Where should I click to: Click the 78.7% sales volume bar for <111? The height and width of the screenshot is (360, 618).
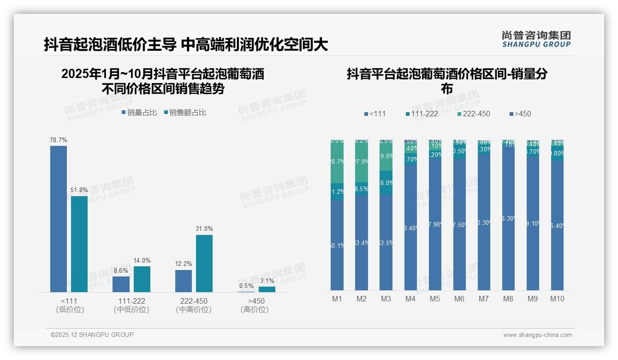59,219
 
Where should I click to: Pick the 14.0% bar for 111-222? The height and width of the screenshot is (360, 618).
142,279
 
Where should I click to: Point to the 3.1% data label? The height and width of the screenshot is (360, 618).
267,281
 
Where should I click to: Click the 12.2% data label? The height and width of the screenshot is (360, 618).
184,264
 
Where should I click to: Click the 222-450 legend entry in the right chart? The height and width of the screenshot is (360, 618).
474,114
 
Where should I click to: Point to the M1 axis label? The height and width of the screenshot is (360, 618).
337,299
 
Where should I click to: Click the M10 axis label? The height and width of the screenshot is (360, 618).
557,299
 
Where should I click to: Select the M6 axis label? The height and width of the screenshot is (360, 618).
459,299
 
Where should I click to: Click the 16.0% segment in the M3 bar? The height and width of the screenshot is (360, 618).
386,183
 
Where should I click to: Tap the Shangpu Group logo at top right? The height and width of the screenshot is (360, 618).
536,39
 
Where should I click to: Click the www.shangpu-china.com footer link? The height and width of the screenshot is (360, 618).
537,335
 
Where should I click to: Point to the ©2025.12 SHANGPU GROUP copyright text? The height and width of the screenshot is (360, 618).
92,335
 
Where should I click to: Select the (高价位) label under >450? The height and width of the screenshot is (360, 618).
254,310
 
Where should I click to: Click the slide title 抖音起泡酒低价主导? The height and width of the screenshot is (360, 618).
110,44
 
